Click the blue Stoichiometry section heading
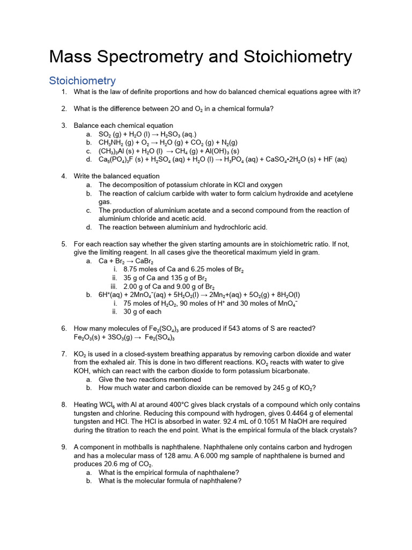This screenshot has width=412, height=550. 82,81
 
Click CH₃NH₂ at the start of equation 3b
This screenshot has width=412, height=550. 111,143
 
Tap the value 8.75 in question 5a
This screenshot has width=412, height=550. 131,269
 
